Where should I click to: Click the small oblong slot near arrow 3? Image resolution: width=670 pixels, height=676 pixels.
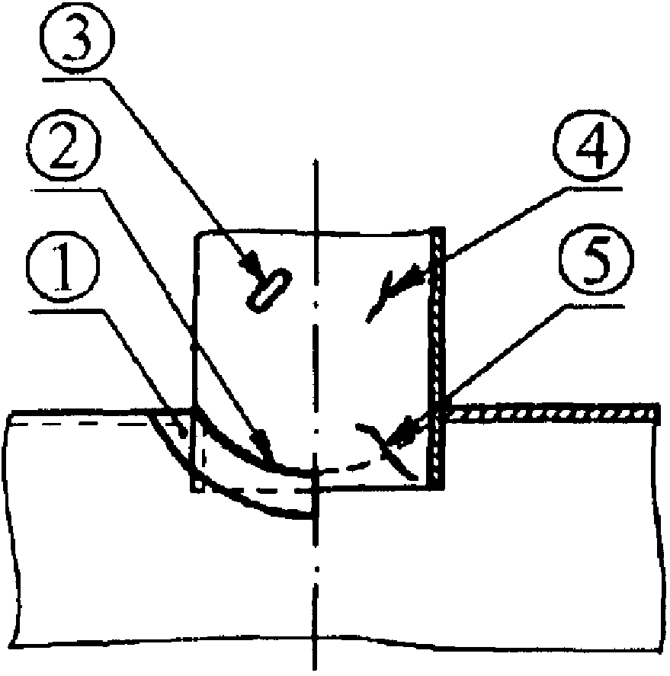click(268, 289)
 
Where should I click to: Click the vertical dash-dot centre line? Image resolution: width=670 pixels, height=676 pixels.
click(314, 579)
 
